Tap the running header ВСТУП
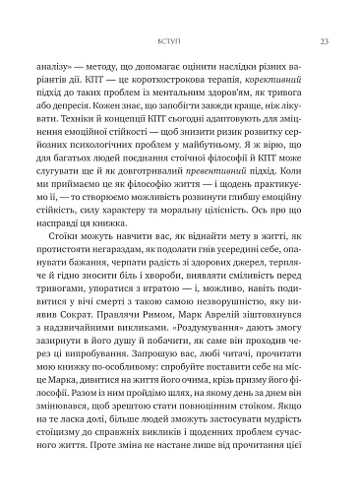180,40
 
